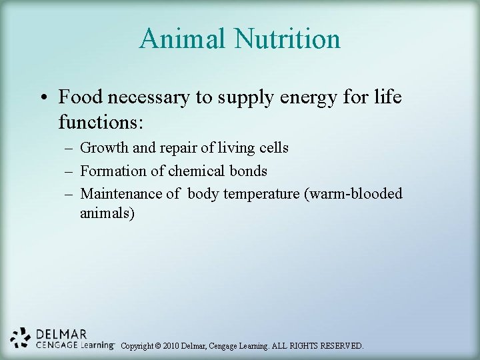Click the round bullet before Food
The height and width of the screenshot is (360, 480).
coord(42,98)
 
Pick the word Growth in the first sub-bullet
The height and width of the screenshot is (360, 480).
coord(104,148)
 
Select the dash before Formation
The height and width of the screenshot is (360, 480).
coord(69,171)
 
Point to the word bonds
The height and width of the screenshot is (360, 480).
coord(249,171)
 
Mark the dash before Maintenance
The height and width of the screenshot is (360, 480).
coord(69,194)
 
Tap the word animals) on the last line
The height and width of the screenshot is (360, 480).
coord(107,214)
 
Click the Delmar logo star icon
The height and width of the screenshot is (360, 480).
coord(21,338)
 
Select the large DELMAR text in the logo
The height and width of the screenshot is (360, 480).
coord(61,333)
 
